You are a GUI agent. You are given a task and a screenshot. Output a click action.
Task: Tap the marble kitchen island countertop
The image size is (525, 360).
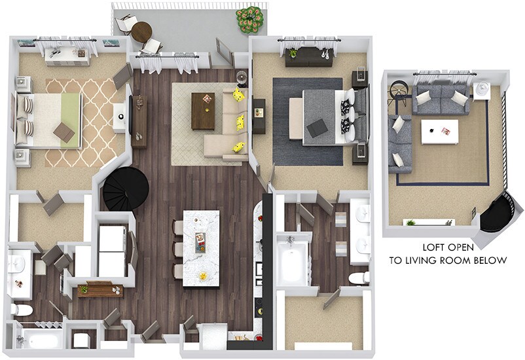pyautogui.click(x=201, y=247)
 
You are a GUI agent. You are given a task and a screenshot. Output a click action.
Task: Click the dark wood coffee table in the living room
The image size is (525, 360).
pyautogui.click(x=203, y=110)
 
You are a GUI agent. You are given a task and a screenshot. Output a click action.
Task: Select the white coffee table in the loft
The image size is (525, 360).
pyautogui.click(x=437, y=131)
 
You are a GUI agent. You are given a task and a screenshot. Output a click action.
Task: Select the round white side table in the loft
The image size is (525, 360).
pyautogui.click(x=482, y=89)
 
